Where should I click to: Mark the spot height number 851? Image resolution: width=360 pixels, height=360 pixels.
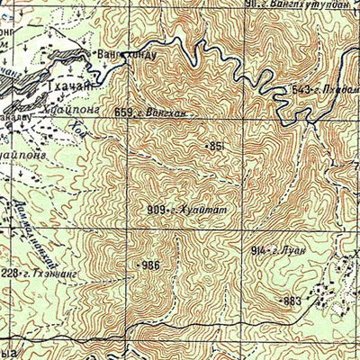pyautogui.click(x=217, y=145)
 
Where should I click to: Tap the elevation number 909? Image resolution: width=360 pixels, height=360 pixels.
pyautogui.click(x=154, y=210)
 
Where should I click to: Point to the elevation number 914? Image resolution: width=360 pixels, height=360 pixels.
pyautogui.click(x=256, y=247)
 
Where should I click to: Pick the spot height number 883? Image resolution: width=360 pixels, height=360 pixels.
pyautogui.click(x=293, y=301)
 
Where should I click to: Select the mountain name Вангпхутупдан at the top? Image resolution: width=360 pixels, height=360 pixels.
pyautogui.click(x=312, y=4)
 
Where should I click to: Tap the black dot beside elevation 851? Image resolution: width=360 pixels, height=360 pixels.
pyautogui.click(x=206, y=145)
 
